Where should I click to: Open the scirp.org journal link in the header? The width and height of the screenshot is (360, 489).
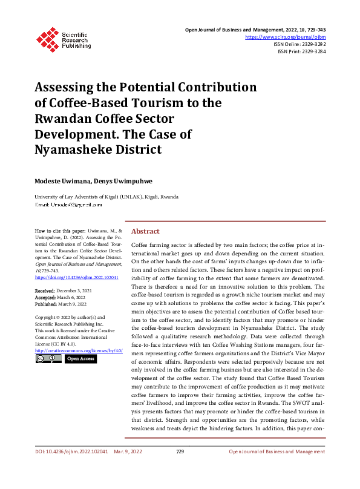coord(286,37)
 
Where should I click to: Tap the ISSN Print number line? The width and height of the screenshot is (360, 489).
coord(302,52)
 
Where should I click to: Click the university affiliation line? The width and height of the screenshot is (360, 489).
coord(106,197)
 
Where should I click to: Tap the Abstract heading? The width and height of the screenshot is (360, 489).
coord(145,232)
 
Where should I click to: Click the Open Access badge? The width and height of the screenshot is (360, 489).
coord(80,359)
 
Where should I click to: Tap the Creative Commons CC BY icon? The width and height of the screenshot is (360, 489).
coord(48,359)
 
